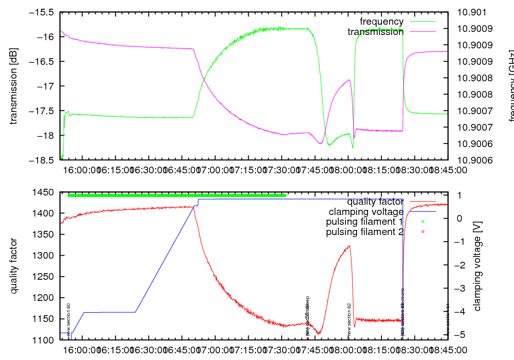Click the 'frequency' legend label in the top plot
[381, 22]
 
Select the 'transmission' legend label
[375, 32]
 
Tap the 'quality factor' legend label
[375, 202]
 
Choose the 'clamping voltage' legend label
[366, 212]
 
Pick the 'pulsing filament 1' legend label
[364, 222]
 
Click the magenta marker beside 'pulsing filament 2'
[423, 232]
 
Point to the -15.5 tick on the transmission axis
[42, 12]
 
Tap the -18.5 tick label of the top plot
[42, 160]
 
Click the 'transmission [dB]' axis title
[14, 86]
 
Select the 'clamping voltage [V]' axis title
[478, 266]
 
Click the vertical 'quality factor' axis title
[14, 266]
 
